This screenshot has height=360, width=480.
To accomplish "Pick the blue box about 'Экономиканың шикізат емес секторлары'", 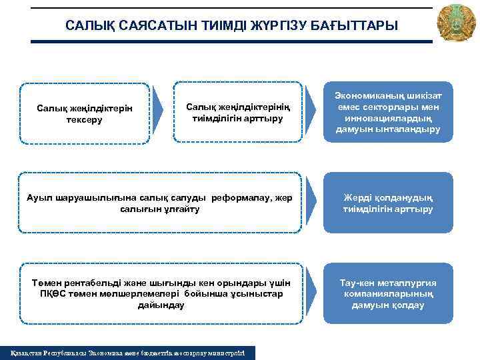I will pyautogui.click(x=387, y=112).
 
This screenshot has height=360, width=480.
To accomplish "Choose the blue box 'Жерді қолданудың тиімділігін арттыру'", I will pyautogui.click(x=387, y=203).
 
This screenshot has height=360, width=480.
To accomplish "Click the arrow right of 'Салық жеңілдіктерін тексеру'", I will pyautogui.click(x=159, y=112).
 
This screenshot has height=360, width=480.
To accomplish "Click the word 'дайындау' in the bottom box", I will pyautogui.click(x=161, y=305).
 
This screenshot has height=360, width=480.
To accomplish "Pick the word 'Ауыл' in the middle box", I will pyautogui.click(x=39, y=198).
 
